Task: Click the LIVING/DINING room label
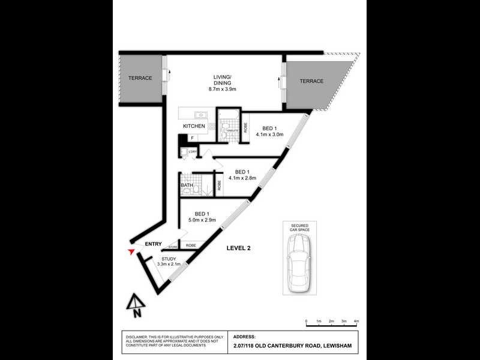pos(223,80)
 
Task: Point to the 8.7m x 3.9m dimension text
pos(223,89)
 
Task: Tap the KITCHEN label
pos(194,126)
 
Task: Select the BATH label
pos(187,186)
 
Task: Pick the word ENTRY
pos(153,243)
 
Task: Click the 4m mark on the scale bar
pos(356,322)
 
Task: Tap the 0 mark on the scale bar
pos(306,322)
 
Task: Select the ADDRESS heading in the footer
pos(244,337)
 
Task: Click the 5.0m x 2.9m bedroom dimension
pos(202,221)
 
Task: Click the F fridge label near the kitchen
pos(192,138)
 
